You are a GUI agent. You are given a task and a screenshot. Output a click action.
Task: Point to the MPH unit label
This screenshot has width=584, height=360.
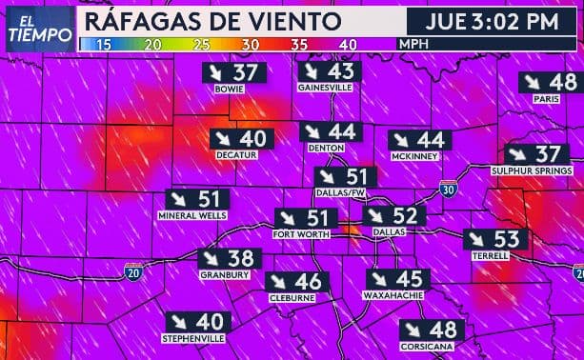[413, 44]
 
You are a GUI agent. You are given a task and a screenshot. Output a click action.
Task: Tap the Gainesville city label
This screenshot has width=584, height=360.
[325, 88]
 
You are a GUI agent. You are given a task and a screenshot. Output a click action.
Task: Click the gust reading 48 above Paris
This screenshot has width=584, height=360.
[562, 83]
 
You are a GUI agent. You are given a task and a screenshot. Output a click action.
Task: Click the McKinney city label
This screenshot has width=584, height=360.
[413, 156]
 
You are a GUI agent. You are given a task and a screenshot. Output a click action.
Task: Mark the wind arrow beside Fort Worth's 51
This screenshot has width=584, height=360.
[290, 218]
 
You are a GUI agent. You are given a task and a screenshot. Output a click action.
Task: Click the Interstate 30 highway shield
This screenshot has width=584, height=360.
[448, 190]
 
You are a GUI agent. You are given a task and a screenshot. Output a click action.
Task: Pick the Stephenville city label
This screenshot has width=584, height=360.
[193, 339]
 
